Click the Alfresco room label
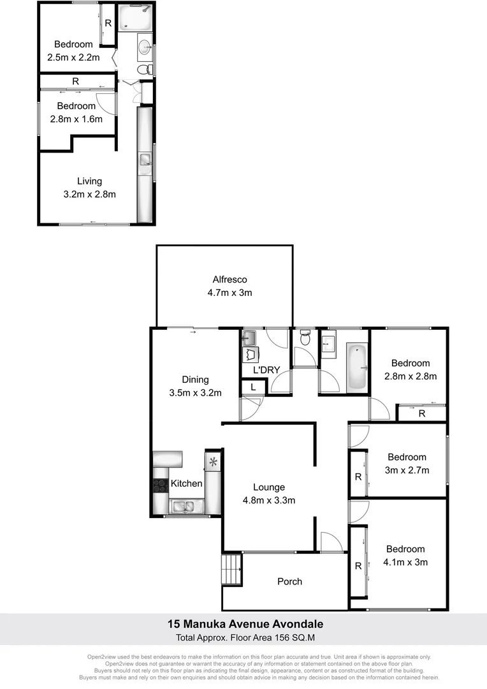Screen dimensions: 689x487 229,279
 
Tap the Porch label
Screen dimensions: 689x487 289,581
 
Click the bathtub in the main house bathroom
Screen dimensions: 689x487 358,367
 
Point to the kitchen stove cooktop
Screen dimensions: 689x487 159,485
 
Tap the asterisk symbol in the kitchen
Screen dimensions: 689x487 213,461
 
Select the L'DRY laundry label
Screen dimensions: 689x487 266,369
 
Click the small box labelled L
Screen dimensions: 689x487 253,387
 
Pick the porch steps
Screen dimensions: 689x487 231,570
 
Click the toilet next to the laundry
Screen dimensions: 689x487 305,337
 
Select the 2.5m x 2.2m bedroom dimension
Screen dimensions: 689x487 73,57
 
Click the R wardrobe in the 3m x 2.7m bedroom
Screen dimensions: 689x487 358,477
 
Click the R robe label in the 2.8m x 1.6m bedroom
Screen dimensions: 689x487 75,81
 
